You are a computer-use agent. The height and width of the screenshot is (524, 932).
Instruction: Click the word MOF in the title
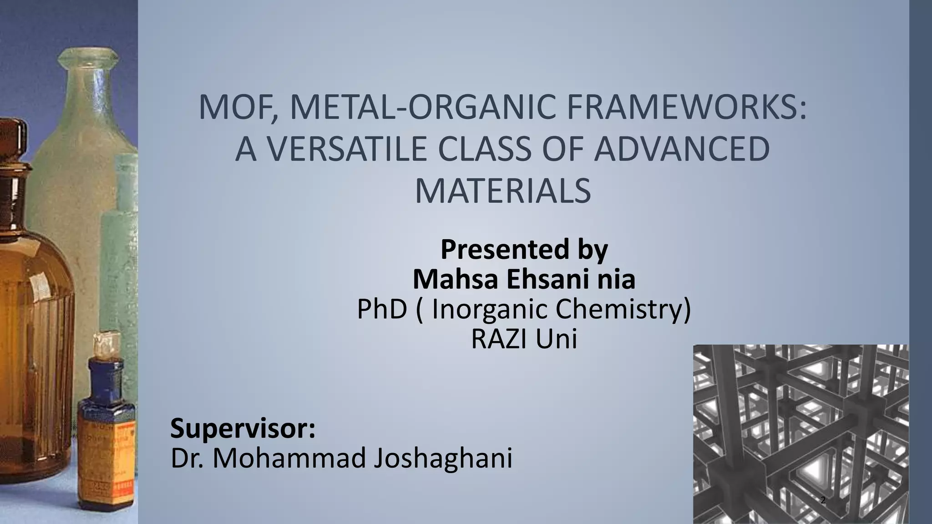point(235,108)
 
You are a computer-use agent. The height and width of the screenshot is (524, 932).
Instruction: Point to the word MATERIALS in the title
point(502,191)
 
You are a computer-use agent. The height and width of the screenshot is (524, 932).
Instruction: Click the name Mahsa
point(455,279)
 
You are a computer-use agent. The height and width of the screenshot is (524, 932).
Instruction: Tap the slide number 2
point(822,500)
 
